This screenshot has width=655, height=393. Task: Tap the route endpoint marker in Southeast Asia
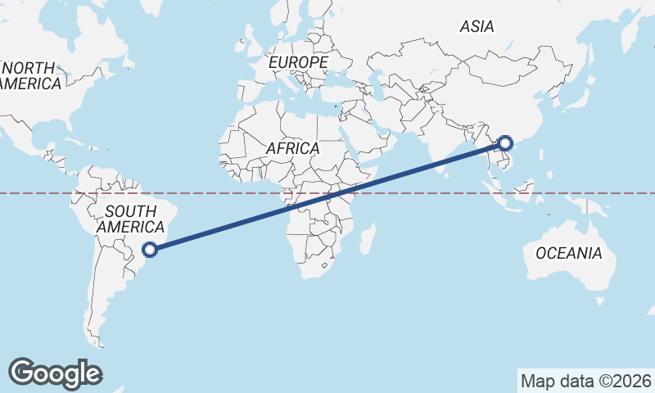pos(506,144)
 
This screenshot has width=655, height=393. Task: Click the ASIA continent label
pos(477,27)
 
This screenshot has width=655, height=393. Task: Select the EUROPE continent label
pos(298,62)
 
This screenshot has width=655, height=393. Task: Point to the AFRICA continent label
pos(292,149)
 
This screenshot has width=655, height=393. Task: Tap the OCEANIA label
pos(569,254)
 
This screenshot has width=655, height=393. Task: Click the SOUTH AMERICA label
pos(127,219)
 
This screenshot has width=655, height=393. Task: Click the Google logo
pos(55,373)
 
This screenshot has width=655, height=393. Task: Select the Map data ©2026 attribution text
pos(585,381)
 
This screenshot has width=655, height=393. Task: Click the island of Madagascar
pos(369,238)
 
